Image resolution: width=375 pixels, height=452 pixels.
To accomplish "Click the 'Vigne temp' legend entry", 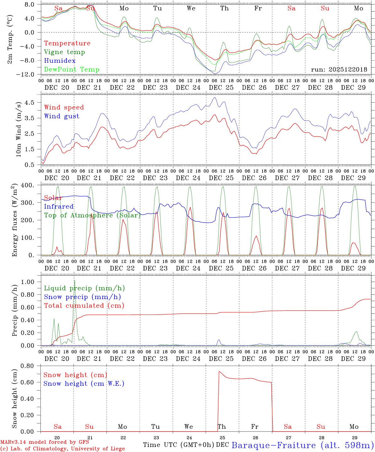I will coord(64,52).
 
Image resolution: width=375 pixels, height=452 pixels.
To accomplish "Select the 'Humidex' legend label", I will coord(60,61).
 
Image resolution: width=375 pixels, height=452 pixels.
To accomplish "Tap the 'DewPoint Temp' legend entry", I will coord(72,70).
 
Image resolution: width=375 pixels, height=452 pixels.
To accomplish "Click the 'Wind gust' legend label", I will coord(62,116).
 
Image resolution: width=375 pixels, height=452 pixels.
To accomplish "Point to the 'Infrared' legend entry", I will coord(59,207).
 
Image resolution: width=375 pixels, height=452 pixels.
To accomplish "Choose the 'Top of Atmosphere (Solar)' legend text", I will coord(92,215).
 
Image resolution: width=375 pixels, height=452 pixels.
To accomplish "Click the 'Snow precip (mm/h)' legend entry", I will coord(82,297).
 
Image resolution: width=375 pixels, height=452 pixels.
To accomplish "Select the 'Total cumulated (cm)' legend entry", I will coord(84,306).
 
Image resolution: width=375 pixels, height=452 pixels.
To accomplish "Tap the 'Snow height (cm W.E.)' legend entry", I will coord(84,384).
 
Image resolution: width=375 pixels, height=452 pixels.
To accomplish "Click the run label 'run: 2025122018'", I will coord(339,70).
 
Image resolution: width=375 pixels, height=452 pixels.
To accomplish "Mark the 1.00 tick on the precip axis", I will coord(30,282).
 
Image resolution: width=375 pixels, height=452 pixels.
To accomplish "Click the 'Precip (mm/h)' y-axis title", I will coord(14,310).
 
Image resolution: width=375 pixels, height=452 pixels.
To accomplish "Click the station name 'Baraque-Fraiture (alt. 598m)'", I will coord(302,445).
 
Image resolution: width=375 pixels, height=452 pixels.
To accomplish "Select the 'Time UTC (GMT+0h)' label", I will coord(179,445).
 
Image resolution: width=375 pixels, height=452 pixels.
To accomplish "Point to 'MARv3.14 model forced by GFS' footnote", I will coord(45,442).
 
